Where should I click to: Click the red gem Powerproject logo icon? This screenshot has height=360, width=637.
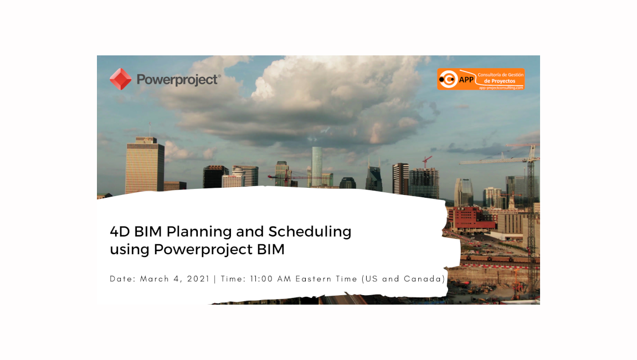(x=120, y=79)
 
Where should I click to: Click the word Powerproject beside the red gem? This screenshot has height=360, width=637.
(x=177, y=80)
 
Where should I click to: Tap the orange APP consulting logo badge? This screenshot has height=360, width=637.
(x=480, y=79)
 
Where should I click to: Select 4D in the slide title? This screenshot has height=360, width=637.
(x=120, y=231)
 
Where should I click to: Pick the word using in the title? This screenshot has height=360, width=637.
(x=130, y=250)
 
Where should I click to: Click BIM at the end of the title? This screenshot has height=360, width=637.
(x=270, y=249)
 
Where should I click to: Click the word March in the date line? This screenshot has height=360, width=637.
(x=155, y=279)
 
